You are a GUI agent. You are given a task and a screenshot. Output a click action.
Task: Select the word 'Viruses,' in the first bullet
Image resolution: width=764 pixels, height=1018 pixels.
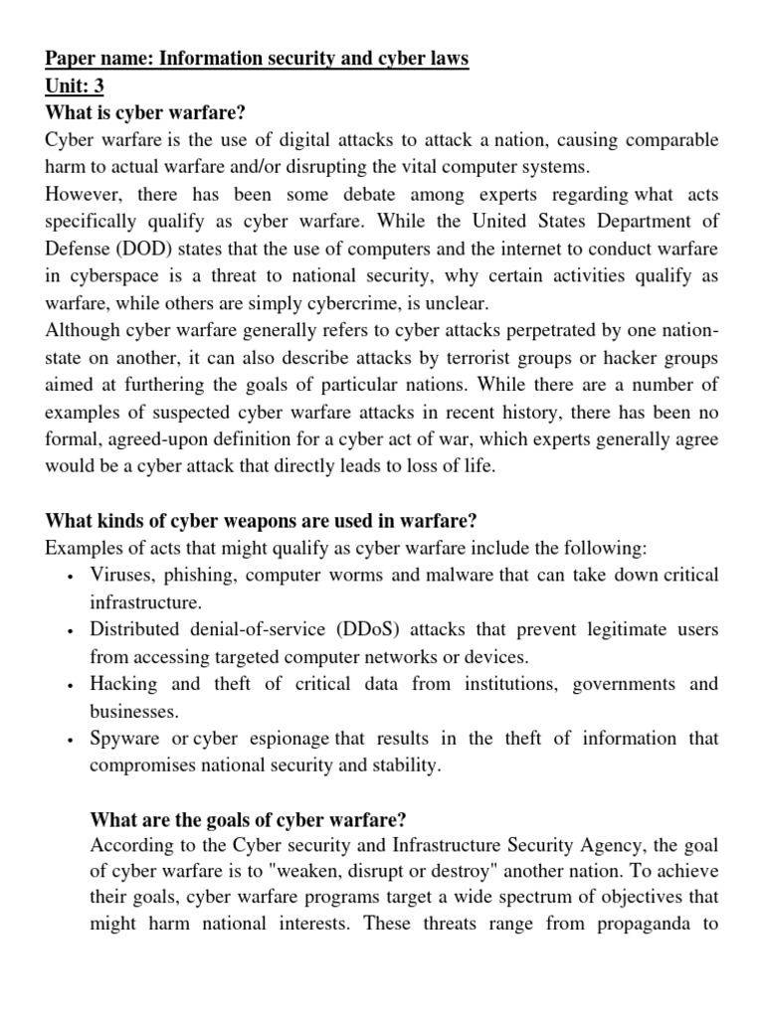124,575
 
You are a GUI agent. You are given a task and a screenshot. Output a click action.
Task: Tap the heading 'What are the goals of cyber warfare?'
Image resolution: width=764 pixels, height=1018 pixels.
248,820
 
